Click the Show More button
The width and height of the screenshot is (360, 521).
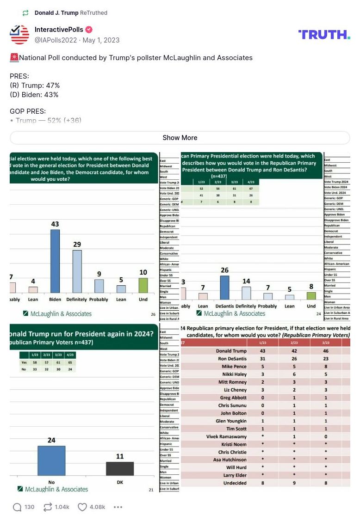(x=180, y=138)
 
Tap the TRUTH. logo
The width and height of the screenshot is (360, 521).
(x=324, y=35)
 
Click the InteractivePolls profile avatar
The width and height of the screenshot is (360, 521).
(x=19, y=35)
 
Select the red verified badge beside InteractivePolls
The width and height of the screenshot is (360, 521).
(x=89, y=30)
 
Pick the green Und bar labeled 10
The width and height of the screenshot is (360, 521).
(x=143, y=285)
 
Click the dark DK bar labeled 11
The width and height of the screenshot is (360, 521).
(x=120, y=468)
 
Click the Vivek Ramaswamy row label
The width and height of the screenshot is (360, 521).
(x=226, y=436)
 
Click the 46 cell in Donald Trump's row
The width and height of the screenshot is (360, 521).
(x=326, y=351)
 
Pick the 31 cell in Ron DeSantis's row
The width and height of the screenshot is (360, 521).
(x=262, y=359)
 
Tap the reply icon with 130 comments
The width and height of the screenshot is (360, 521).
(x=17, y=507)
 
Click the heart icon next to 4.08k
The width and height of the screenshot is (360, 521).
(x=82, y=507)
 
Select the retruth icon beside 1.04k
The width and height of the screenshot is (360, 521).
(x=47, y=507)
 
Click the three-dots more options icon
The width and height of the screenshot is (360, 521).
(x=118, y=507)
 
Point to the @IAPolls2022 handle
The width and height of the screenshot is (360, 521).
(x=56, y=40)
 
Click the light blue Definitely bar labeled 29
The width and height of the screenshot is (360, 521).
(x=77, y=271)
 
